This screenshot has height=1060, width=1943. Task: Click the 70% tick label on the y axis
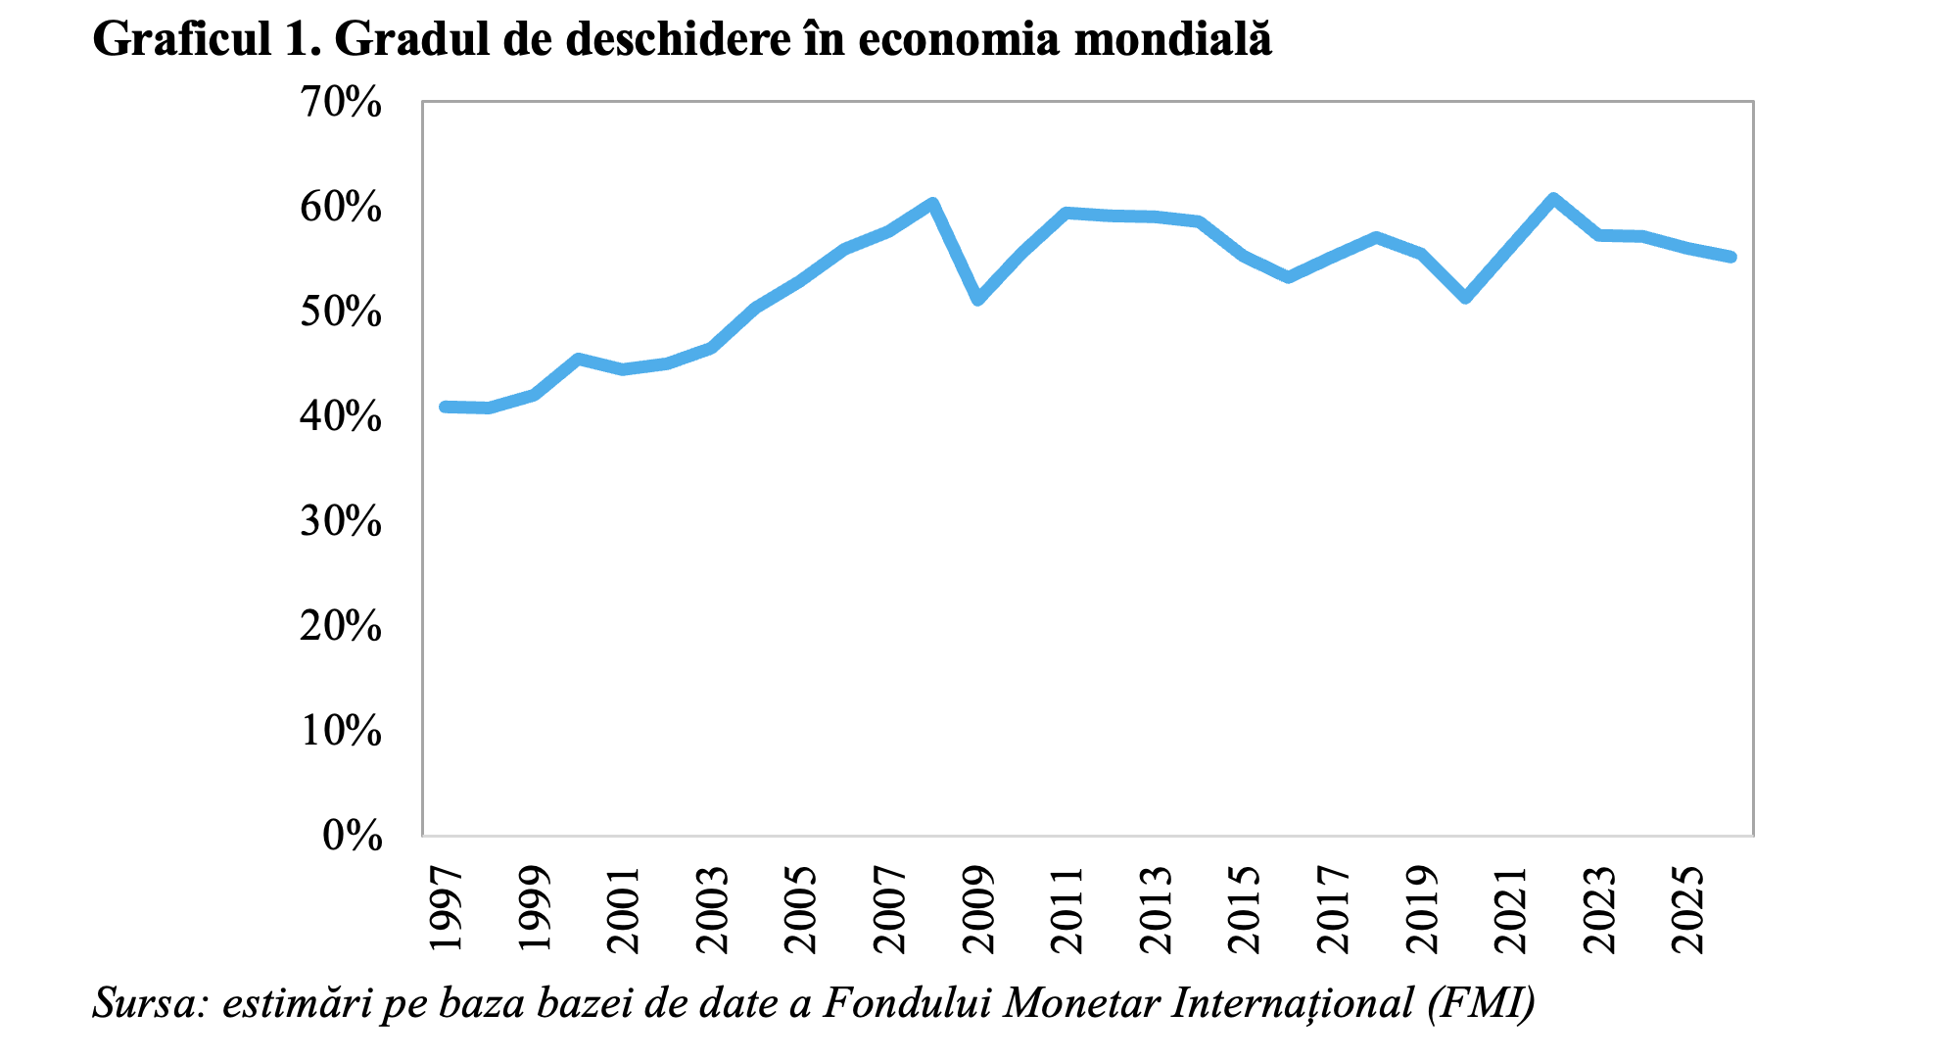pyautogui.click(x=341, y=102)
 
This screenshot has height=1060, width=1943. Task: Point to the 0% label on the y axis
pyautogui.click(x=352, y=836)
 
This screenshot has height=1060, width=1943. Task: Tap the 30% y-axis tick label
pyautogui.click(x=341, y=521)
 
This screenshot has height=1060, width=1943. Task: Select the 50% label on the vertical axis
pyautogui.click(x=341, y=312)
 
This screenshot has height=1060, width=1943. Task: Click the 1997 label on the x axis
pyautogui.click(x=446, y=909)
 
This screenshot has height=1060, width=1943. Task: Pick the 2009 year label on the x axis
pyautogui.click(x=978, y=909)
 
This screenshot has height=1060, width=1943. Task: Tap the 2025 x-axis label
pyautogui.click(x=1688, y=909)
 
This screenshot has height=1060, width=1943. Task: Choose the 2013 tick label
pyautogui.click(x=1156, y=909)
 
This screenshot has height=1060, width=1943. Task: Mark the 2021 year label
pyautogui.click(x=1511, y=909)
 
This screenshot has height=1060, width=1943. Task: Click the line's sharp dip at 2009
pyautogui.click(x=978, y=299)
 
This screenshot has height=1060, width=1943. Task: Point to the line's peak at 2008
pyautogui.click(x=933, y=204)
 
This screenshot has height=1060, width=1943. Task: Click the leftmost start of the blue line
pyautogui.click(x=446, y=407)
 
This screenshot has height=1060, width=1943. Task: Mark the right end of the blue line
pyautogui.click(x=1731, y=257)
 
